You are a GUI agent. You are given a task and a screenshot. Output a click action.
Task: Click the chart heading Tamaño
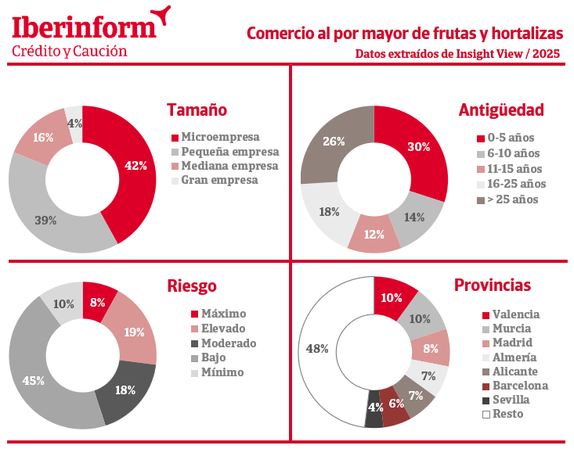[197, 110]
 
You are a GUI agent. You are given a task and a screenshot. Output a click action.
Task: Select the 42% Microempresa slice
[135, 166]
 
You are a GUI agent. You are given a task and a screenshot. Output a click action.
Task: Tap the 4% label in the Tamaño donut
[75, 123]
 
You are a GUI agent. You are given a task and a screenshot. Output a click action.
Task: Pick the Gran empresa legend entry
[218, 180]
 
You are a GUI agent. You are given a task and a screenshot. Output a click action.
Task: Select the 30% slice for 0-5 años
[420, 147]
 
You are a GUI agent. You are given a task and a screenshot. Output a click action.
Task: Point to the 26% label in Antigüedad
[334, 142]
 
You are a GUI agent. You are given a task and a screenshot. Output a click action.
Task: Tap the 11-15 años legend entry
[514, 169]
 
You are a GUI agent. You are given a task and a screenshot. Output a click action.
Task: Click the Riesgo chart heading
[191, 286]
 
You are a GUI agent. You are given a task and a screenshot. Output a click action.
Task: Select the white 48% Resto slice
[317, 349]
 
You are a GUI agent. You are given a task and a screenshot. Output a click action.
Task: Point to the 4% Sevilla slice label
[375, 407]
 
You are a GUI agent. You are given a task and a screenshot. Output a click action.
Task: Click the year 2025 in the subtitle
[550, 54]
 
